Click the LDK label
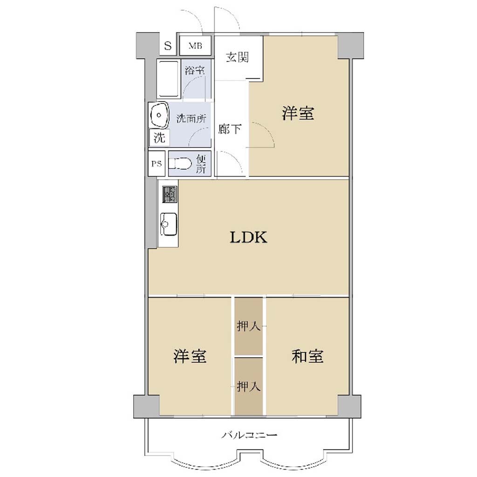pyautogui.click(x=248, y=237)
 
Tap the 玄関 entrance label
pyautogui.click(x=237, y=57)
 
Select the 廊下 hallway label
pyautogui.click(x=230, y=129)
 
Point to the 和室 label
pyautogui.click(x=307, y=356)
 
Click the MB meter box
pyautogui.click(x=195, y=46)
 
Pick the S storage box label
pyautogui.click(x=168, y=46)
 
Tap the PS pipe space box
pyautogui.click(x=157, y=164)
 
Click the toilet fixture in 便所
pyautogui.click(x=180, y=164)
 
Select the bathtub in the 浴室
pyautogui.click(x=167, y=79)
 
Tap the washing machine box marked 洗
pyautogui.click(x=159, y=138)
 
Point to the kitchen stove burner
pyautogui.click(x=169, y=194)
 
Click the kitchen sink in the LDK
pyautogui.click(x=168, y=224)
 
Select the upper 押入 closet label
pyautogui.click(x=249, y=327)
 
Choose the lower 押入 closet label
pyautogui.click(x=249, y=387)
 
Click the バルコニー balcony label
pyautogui.click(x=249, y=436)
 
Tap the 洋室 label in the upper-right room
pyautogui.click(x=298, y=113)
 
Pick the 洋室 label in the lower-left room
pyautogui.click(x=190, y=356)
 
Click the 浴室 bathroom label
pyautogui.click(x=195, y=70)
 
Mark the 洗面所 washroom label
pyautogui.click(x=191, y=119)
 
